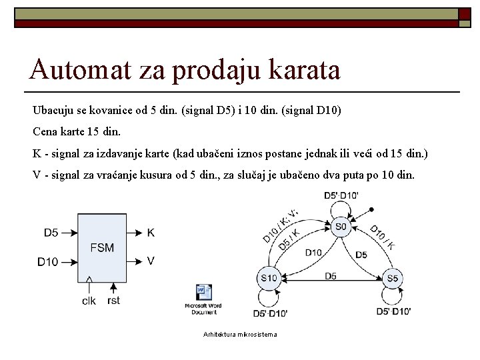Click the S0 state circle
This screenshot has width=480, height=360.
[341, 227]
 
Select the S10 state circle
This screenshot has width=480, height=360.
[269, 277]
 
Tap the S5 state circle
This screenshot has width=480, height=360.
[393, 277]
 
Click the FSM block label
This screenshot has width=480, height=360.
[102, 248]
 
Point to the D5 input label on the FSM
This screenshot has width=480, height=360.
[51, 233]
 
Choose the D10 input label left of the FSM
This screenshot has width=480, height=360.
[48, 262]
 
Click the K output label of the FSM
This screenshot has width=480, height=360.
[151, 233]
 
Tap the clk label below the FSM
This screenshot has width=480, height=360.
[89, 301]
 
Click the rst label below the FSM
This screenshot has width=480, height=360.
[114, 301]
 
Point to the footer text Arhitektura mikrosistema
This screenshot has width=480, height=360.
[240, 334]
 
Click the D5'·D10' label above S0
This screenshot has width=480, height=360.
[341, 195]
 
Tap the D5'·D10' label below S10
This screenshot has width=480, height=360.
[271, 313]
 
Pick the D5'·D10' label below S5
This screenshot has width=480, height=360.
[394, 311]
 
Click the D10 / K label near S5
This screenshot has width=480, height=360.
[382, 236]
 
